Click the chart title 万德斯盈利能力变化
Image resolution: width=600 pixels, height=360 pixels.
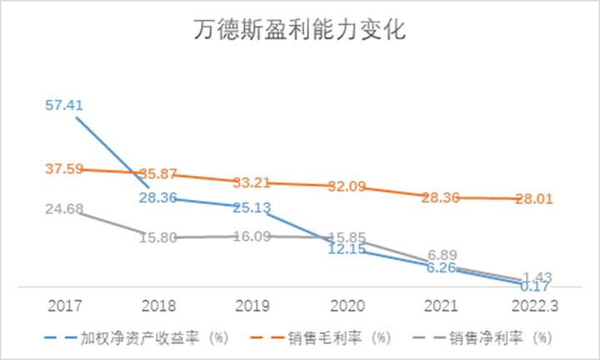(299, 32)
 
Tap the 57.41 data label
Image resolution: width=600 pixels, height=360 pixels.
(64, 106)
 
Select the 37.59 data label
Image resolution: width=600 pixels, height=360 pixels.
(64, 169)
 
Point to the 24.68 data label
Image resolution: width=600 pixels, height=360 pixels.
(64, 209)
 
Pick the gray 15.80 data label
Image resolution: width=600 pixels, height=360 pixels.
(157, 237)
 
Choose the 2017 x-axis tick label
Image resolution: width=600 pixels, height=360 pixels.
(64, 306)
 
